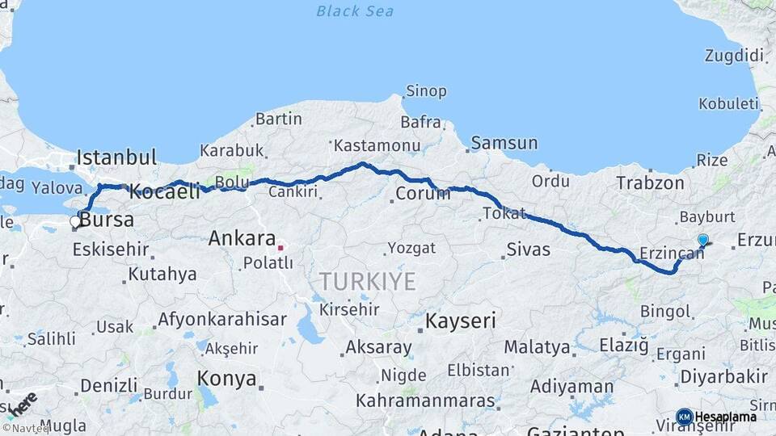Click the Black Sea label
tap(355, 11)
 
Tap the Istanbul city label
tap(116, 157)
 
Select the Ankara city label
tap(242, 239)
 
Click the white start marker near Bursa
tap(75, 221)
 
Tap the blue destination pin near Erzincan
tap(702, 240)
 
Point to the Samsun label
tap(504, 144)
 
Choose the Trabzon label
tap(650, 183)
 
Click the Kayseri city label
tap(460, 321)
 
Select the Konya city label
tap(227, 379)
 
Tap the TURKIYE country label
tap(368, 282)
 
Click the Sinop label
tap(426, 91)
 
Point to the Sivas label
tap(529, 249)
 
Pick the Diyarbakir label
tap(723, 376)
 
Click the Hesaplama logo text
tap(725, 417)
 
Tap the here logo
tap(22, 404)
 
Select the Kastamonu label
tap(377, 146)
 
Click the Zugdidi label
tap(734, 56)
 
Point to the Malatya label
tap(537, 347)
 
